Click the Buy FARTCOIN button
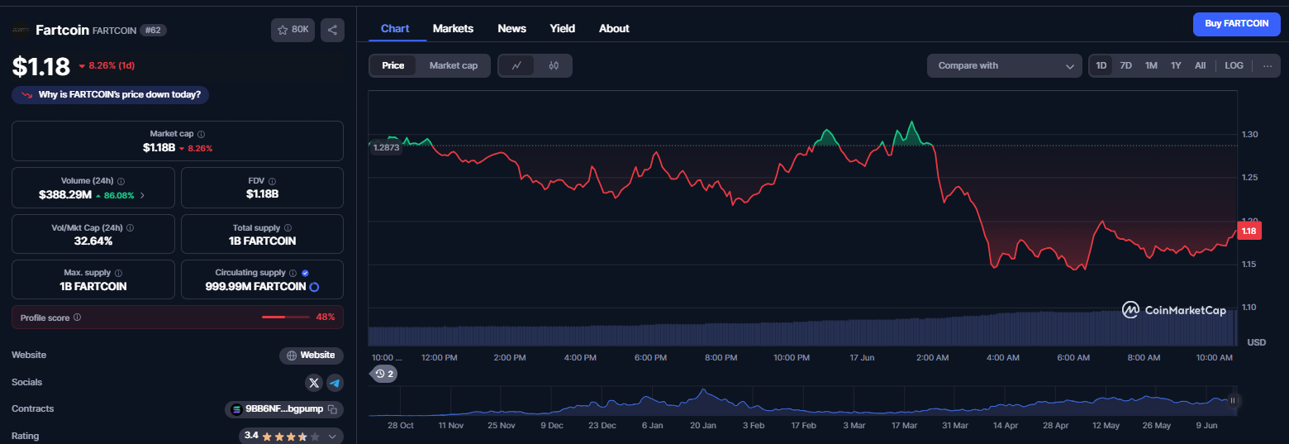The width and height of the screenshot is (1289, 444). (x=1236, y=24)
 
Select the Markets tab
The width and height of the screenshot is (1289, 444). (x=453, y=29)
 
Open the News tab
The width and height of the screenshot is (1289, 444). (x=511, y=29)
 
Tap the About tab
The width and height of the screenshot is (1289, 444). (x=614, y=29)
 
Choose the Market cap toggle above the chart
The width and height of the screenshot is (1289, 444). (x=454, y=65)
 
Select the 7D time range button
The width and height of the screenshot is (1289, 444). (x=1125, y=65)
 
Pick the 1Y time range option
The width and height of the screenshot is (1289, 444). (x=1176, y=65)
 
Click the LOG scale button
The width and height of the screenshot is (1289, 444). (x=1234, y=65)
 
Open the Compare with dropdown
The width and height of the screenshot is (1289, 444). (x=1004, y=65)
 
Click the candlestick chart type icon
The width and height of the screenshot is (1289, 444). (x=554, y=65)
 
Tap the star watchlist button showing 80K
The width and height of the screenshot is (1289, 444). (x=293, y=30)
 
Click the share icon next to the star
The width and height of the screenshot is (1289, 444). (x=333, y=30)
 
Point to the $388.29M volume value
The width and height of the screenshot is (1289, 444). (x=65, y=195)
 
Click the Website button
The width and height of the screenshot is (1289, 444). (x=312, y=356)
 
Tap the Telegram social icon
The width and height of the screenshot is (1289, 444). (x=335, y=382)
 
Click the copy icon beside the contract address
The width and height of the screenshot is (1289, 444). (x=332, y=409)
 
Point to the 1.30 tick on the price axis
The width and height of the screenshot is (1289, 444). (x=1249, y=134)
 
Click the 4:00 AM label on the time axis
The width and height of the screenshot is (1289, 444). (x=1003, y=358)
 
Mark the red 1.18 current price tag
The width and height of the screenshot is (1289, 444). (x=1249, y=231)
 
